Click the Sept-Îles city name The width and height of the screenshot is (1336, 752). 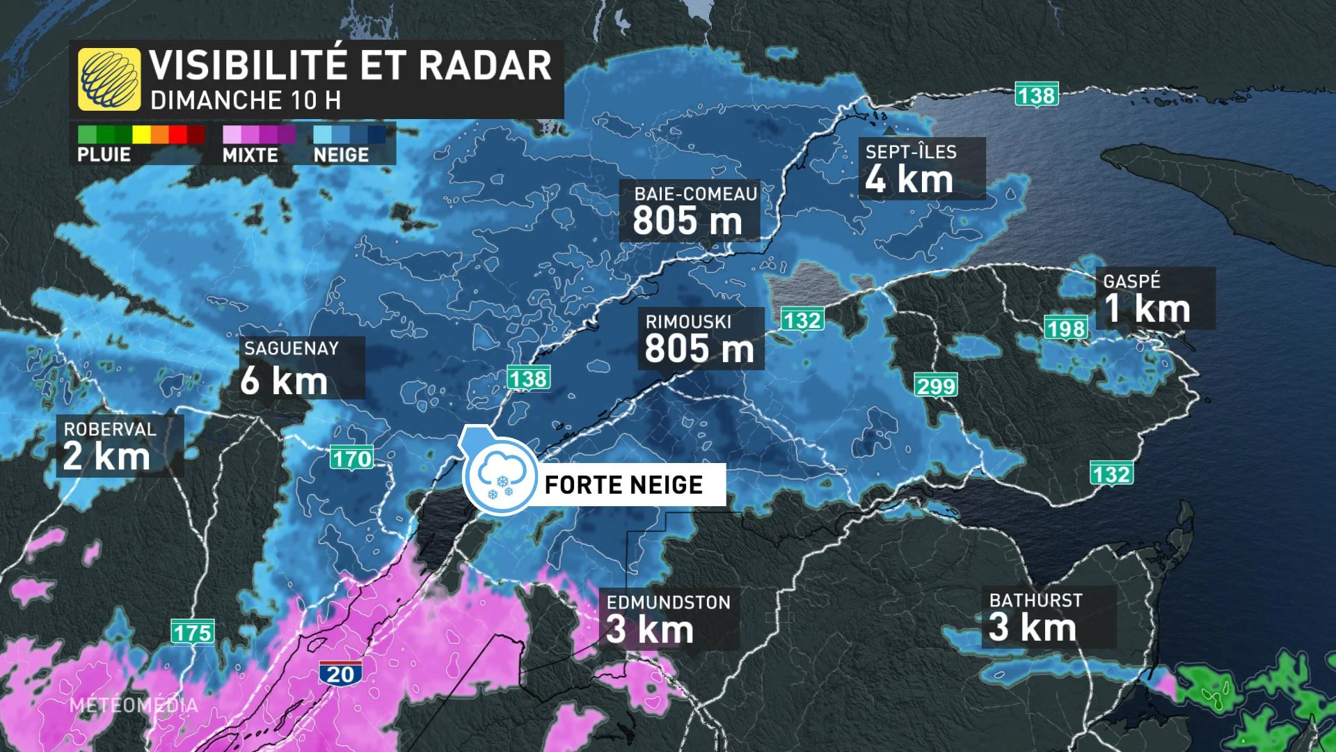(x=911, y=152)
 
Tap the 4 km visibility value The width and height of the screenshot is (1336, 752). (x=909, y=180)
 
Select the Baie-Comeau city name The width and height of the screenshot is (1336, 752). (x=695, y=194)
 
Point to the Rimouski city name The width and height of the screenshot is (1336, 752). (x=688, y=322)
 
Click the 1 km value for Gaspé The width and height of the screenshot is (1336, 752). (x=1147, y=308)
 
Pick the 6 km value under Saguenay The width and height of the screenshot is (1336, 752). (x=284, y=381)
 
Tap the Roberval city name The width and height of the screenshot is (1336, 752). (x=110, y=429)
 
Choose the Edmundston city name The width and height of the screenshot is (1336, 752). (x=668, y=602)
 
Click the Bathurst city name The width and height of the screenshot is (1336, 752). (x=1035, y=600)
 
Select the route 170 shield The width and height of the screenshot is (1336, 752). (x=352, y=459)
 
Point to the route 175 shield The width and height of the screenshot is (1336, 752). (x=193, y=632)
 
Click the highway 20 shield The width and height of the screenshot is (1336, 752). (x=341, y=673)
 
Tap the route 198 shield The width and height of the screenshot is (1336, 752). (x=1065, y=328)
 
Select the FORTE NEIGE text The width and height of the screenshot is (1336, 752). (x=623, y=485)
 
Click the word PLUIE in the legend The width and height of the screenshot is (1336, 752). (x=104, y=155)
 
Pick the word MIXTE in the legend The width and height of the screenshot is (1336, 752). (x=250, y=155)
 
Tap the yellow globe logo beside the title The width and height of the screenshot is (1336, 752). (x=109, y=79)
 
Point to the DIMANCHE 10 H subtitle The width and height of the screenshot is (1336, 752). (x=246, y=100)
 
